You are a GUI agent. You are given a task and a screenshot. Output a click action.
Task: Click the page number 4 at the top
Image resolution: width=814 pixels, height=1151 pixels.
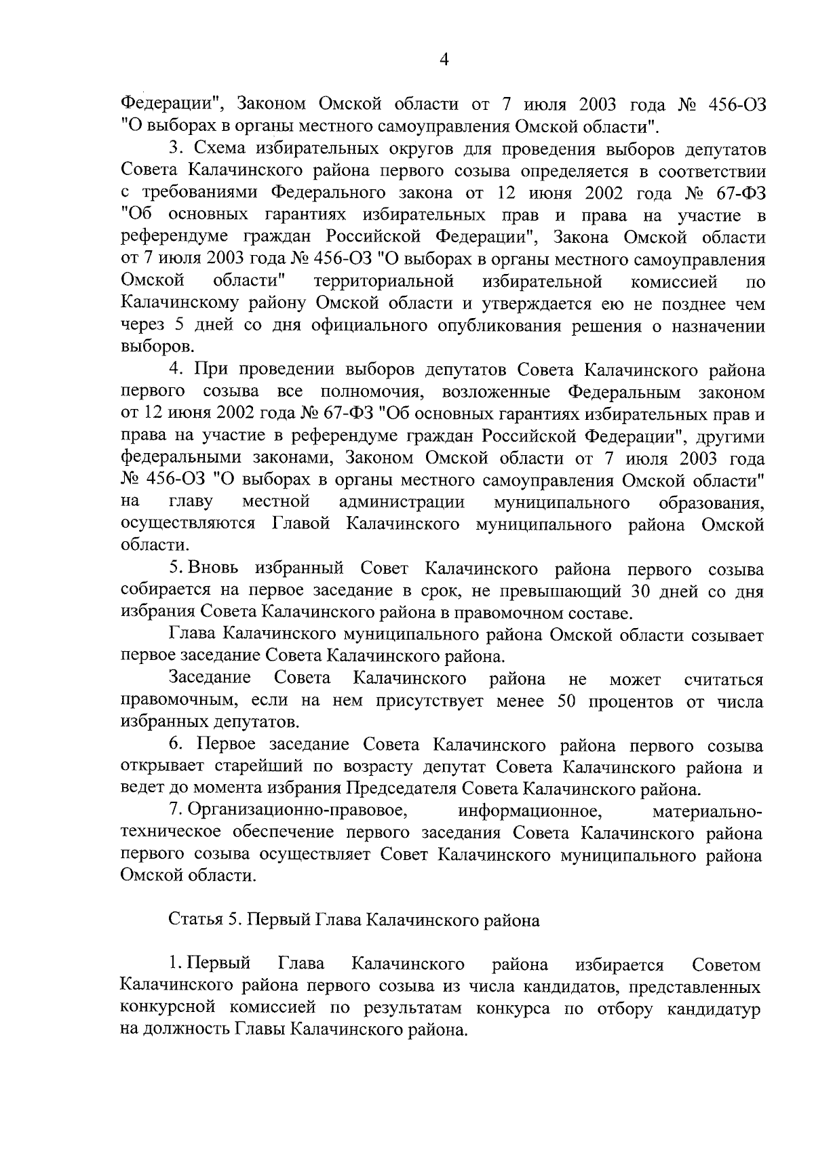pyautogui.click(x=444, y=60)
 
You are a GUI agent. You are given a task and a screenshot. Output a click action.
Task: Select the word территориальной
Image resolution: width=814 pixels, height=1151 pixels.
pyautogui.click(x=383, y=281)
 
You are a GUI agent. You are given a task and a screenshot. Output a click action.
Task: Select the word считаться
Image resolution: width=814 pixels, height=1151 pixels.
pyautogui.click(x=724, y=680)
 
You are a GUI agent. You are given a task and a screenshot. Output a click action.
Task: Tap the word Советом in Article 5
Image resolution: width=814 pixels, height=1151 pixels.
pyautogui.click(x=726, y=965)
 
